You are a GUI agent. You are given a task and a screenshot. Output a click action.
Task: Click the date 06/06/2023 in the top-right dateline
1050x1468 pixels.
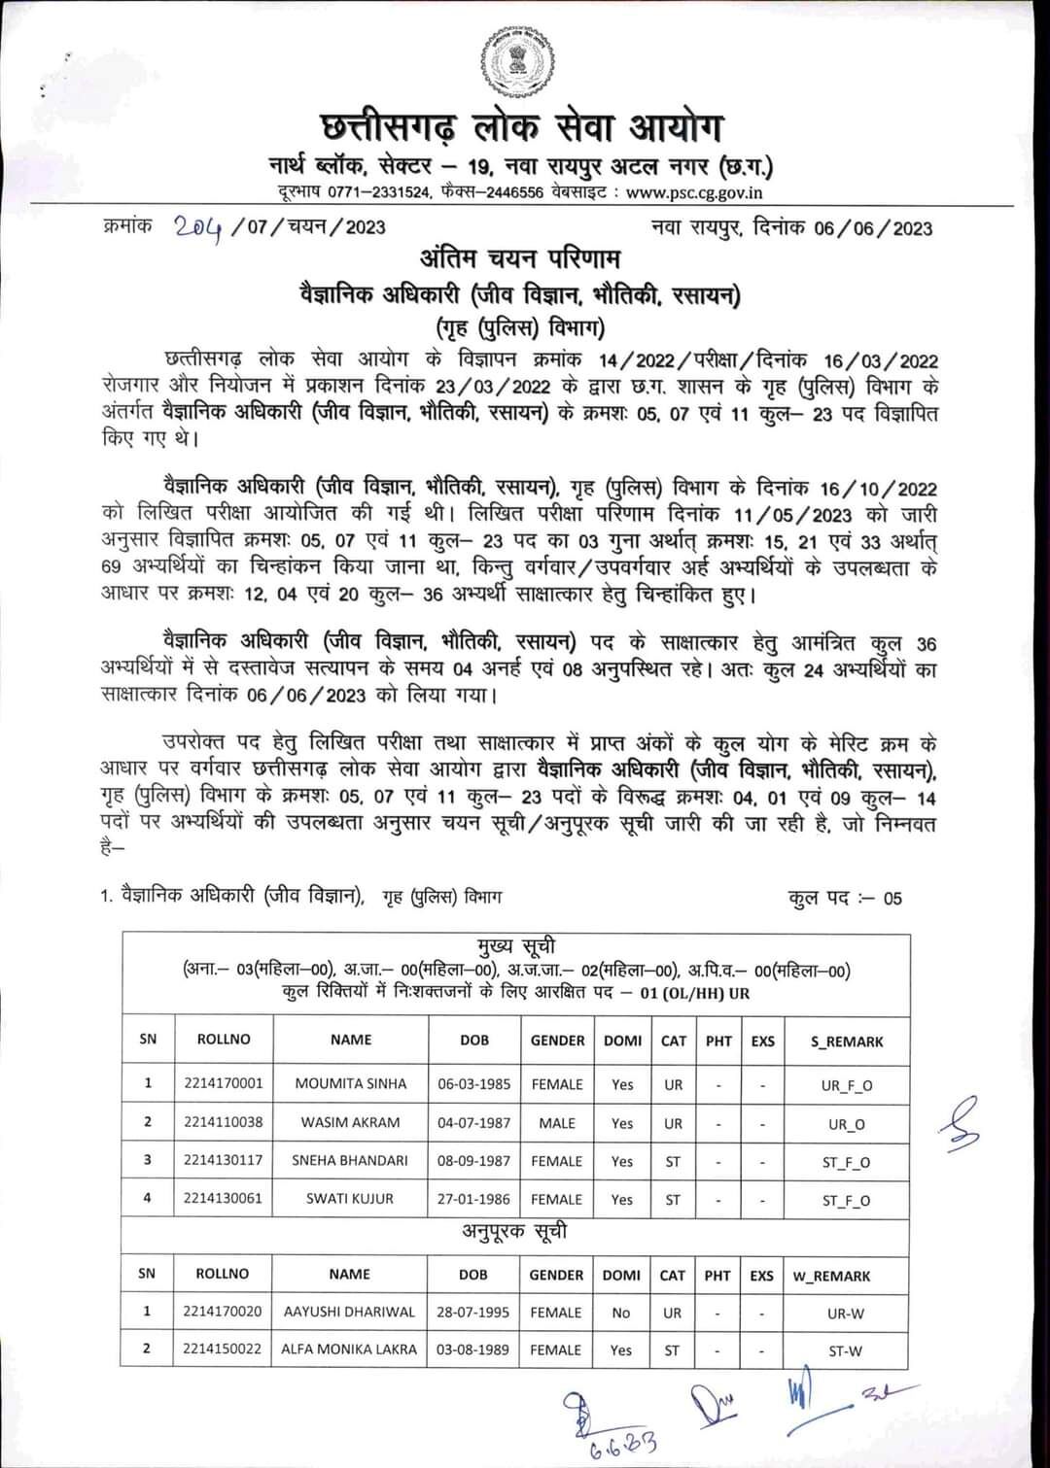click(872, 228)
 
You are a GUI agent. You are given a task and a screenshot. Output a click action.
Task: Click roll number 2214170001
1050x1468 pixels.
click(223, 1083)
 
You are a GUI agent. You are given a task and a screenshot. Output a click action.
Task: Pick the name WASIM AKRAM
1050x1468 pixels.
click(350, 1122)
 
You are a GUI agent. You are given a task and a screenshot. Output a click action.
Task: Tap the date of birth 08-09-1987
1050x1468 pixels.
click(473, 1161)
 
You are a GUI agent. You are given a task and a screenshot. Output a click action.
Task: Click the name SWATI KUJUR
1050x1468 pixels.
click(350, 1199)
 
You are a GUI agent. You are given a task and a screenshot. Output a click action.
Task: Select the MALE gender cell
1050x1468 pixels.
click(557, 1123)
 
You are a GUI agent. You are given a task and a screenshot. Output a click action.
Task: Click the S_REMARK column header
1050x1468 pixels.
click(846, 1041)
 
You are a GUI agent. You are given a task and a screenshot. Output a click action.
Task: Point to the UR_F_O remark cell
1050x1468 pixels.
click(846, 1085)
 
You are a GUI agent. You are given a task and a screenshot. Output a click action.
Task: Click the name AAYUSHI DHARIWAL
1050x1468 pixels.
click(349, 1312)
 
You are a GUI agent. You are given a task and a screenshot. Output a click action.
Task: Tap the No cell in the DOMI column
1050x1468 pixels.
click(621, 1313)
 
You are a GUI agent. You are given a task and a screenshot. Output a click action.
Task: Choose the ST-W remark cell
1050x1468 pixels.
click(845, 1350)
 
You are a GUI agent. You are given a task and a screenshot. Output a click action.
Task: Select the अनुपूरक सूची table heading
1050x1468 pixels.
click(514, 1233)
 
